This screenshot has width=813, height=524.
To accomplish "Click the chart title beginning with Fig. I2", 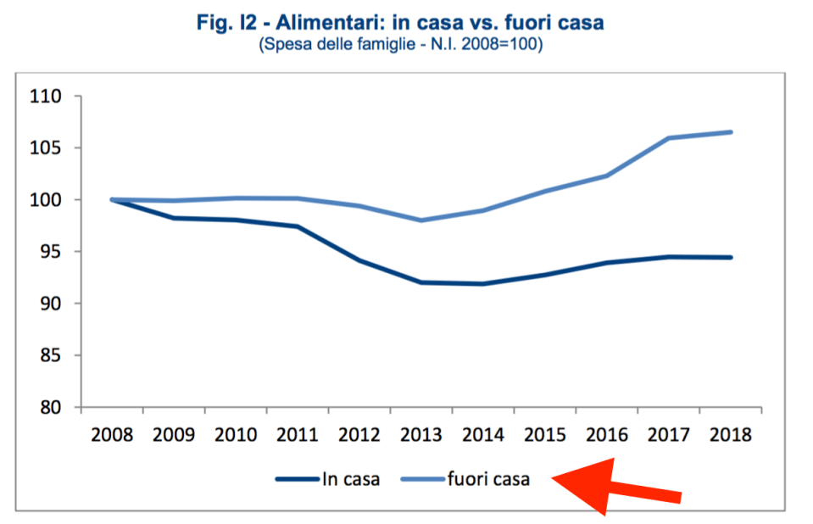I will (x=400, y=23).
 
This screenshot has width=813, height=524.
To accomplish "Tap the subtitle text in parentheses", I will (x=400, y=43).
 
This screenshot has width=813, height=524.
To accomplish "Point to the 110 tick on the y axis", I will (x=49, y=97).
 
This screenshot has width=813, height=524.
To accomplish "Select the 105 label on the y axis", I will (x=49, y=148).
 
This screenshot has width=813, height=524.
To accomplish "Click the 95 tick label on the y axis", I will (x=53, y=252).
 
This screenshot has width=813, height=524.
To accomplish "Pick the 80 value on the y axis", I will (x=53, y=407).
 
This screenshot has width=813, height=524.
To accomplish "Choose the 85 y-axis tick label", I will (x=53, y=355).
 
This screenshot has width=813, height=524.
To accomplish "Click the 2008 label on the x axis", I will (x=112, y=435).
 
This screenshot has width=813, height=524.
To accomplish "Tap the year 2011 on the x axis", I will (x=298, y=435).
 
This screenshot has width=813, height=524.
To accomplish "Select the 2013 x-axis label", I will (x=421, y=435).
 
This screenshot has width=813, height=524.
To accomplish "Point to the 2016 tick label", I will (x=607, y=435).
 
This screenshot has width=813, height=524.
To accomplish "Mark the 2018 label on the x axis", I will (x=731, y=435).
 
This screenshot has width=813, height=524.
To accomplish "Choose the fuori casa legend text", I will (x=488, y=480).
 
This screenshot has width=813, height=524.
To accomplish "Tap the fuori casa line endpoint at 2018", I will (x=731, y=132).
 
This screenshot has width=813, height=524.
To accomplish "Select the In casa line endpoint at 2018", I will (x=731, y=258).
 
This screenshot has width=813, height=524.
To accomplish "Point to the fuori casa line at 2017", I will (x=669, y=138).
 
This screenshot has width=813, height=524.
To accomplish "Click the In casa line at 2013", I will (x=421, y=282).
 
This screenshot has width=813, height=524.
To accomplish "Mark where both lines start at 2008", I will (x=112, y=200).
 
